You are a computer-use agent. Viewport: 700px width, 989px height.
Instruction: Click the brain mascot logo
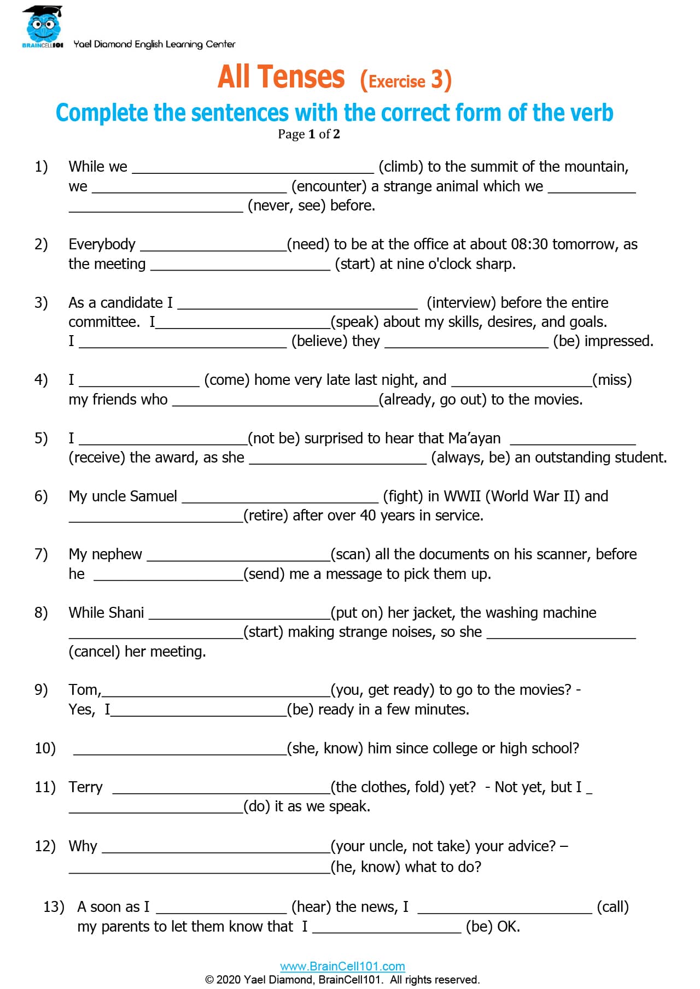click(x=43, y=26)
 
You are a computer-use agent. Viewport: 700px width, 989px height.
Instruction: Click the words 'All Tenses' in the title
click(x=281, y=77)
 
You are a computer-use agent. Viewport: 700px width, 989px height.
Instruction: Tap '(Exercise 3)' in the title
click(x=406, y=80)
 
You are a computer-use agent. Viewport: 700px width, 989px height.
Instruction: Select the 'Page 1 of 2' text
click(x=308, y=134)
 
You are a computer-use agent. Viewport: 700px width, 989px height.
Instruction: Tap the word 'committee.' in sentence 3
click(x=104, y=322)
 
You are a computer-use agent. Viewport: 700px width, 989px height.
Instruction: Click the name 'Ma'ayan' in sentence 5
click(x=474, y=438)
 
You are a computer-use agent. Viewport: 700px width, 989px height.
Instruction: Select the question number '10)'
click(x=45, y=748)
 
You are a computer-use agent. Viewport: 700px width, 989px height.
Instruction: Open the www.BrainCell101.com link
click(x=342, y=966)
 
